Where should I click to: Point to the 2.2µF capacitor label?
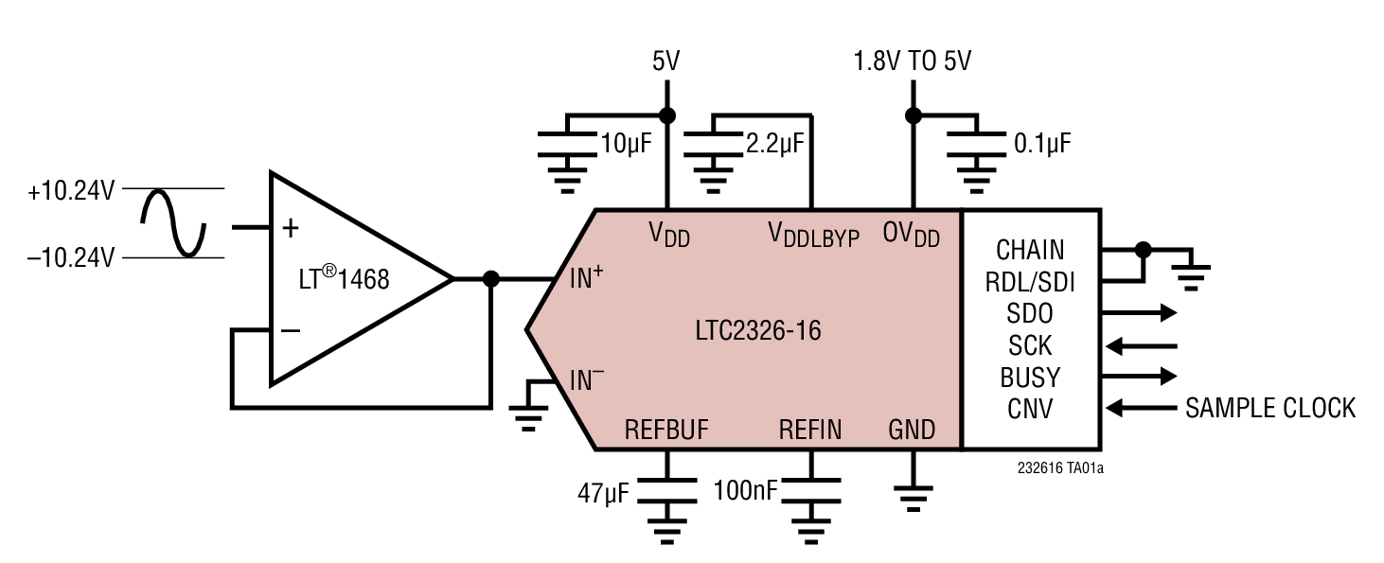pyautogui.click(x=775, y=144)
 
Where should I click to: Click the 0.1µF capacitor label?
pyautogui.click(x=1042, y=144)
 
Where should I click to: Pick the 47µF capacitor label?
pyautogui.click(x=602, y=493)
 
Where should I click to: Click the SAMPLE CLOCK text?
pyautogui.click(x=1270, y=408)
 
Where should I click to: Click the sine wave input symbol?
pyautogui.click(x=173, y=223)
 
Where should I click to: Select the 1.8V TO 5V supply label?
pyautogui.click(x=912, y=62)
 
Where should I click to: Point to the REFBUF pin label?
pyautogui.click(x=666, y=431)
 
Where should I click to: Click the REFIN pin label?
pyautogui.click(x=810, y=431)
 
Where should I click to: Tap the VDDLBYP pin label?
pyautogui.click(x=813, y=234)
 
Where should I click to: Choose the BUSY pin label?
pyautogui.click(x=1030, y=377)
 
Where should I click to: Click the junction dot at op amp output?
pyautogui.click(x=491, y=279)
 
